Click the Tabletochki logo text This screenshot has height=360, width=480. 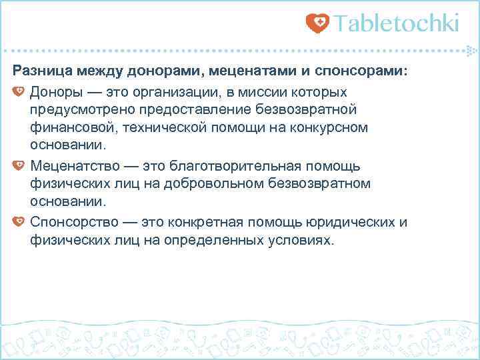pyautogui.click(x=397, y=24)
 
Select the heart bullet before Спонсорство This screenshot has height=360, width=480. pyautogui.click(x=19, y=221)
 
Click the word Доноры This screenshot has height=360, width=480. pyautogui.click(x=57, y=90)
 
